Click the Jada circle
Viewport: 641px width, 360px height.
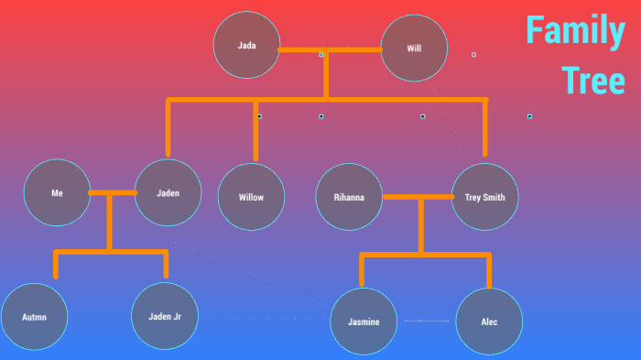[x=246, y=45]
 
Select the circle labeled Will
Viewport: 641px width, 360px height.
[x=414, y=48]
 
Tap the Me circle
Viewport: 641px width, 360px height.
[x=57, y=193]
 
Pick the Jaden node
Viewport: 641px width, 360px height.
[x=168, y=193]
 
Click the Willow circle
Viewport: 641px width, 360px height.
[x=251, y=197]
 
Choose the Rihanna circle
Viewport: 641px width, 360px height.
[x=349, y=197]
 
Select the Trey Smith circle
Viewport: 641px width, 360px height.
[x=485, y=197]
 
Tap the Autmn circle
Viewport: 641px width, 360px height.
[x=34, y=317]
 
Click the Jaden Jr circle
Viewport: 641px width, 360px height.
[x=165, y=317]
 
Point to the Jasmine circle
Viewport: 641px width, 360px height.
[x=364, y=322]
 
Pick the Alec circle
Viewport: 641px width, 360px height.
[x=489, y=322]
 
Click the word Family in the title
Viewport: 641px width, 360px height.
[x=574, y=32]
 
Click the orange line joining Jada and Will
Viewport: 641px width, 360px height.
[x=330, y=49]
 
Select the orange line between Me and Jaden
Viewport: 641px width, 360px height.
[x=113, y=193]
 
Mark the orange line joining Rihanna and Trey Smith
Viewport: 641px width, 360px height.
[x=418, y=197]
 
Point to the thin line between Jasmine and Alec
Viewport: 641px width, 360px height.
[x=427, y=322]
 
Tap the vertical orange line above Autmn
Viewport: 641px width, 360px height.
[x=56, y=265]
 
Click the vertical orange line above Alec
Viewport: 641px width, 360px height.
[x=489, y=271]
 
